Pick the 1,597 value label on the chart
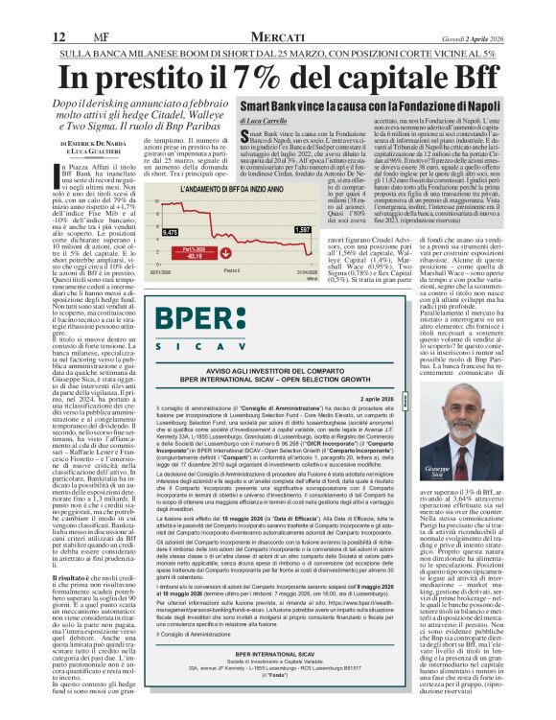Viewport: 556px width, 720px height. [302, 231]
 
